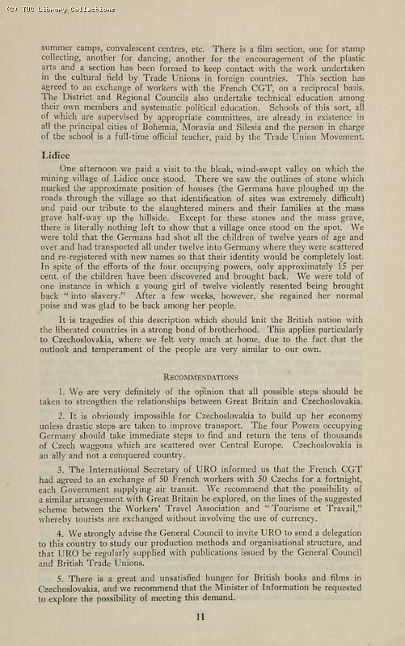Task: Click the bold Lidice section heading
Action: click(54, 153)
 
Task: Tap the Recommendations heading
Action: click(200, 377)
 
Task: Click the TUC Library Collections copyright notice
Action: click(57, 10)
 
